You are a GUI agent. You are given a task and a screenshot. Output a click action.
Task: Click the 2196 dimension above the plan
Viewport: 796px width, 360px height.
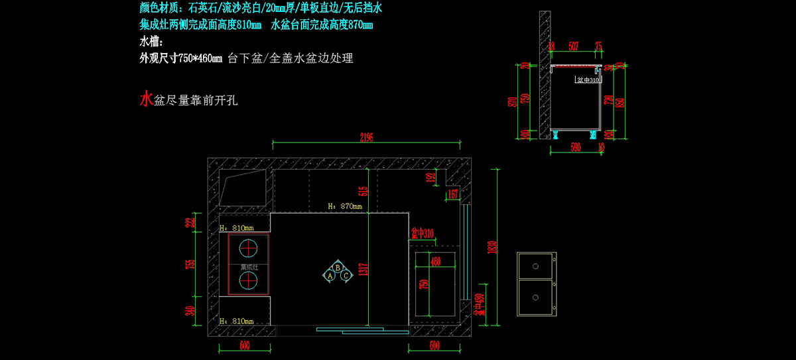pos(367,137)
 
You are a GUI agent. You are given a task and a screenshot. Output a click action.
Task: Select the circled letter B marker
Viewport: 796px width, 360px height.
pos(338,268)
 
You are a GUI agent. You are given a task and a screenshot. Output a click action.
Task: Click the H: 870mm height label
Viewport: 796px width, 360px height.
pos(345,206)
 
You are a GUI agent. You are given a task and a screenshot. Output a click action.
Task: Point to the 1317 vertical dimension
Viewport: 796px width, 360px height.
pos(362,269)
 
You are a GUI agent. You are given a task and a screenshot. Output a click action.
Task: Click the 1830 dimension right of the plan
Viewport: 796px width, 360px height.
pos(492,246)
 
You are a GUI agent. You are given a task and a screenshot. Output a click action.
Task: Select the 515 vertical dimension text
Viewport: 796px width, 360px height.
pos(362,190)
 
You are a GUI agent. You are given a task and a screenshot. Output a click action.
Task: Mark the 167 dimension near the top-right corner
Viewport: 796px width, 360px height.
pos(453,194)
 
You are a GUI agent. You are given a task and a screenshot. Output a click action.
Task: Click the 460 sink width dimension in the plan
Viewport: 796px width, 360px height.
pos(435,261)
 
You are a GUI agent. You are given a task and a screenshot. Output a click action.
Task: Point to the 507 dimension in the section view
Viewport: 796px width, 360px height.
pos(574,46)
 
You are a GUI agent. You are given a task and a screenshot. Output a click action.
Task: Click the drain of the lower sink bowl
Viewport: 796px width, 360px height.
pos(535,298)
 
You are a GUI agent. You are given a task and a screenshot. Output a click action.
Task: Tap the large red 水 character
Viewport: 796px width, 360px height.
pos(146,99)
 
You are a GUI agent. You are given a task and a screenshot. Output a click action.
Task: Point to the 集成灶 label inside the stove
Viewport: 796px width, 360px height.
pos(248,267)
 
